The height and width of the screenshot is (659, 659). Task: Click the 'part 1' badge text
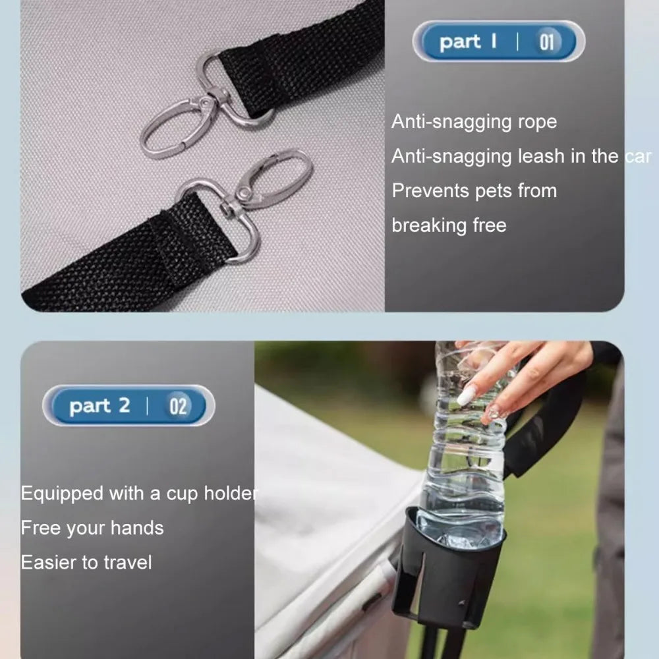468,42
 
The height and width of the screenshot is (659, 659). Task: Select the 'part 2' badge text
100,406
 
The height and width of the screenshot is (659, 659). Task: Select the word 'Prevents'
428,190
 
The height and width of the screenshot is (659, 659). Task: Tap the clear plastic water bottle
465,455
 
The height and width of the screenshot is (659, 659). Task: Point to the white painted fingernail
467,395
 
